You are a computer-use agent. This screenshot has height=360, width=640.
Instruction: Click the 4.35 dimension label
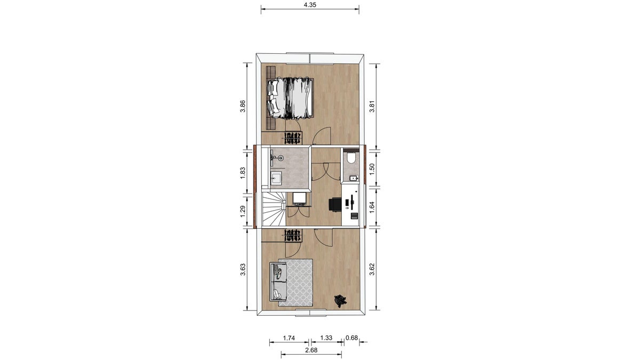pos(310,5)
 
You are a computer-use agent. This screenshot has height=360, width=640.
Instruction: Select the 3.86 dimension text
pos(243,106)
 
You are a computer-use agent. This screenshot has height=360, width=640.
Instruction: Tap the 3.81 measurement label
pos(372,106)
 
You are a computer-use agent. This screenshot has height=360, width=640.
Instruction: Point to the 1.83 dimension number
pos(243,173)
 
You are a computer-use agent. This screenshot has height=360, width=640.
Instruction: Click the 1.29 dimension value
pos(243,211)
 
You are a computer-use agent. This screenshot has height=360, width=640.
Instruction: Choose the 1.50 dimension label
pos(372,169)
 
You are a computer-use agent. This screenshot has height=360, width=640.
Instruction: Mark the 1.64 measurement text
pos(372,207)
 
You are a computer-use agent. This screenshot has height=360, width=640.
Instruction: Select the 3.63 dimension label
pos(243,269)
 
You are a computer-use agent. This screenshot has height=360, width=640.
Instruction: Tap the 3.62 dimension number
pos(372,269)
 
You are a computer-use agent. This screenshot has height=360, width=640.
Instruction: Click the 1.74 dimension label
pos(289,338)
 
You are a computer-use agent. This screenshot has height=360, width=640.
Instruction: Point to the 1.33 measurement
pos(326,338)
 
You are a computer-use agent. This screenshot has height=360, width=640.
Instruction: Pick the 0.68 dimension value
pos(351,338)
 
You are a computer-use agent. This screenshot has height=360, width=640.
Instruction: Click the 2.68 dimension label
pos(311,350)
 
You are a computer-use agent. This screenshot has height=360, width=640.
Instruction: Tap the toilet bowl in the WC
pos(351,158)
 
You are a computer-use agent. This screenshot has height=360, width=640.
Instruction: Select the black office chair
pos(335,205)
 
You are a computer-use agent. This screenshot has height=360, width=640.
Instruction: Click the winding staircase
pos(274,209)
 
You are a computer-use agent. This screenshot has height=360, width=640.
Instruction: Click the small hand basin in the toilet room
pos(354,178)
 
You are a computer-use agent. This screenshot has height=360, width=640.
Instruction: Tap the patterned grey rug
pos(295,282)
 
